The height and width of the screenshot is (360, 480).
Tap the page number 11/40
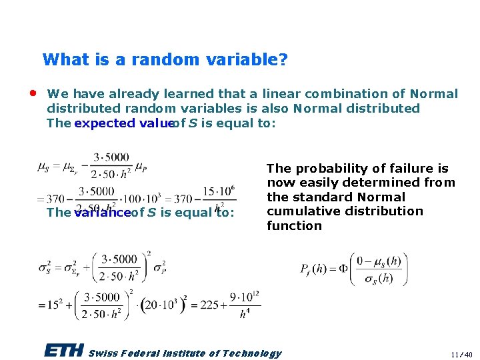[x=460, y=354]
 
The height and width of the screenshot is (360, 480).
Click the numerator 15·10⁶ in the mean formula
[x=219, y=191]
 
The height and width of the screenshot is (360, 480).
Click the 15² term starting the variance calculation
[x=54, y=305]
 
